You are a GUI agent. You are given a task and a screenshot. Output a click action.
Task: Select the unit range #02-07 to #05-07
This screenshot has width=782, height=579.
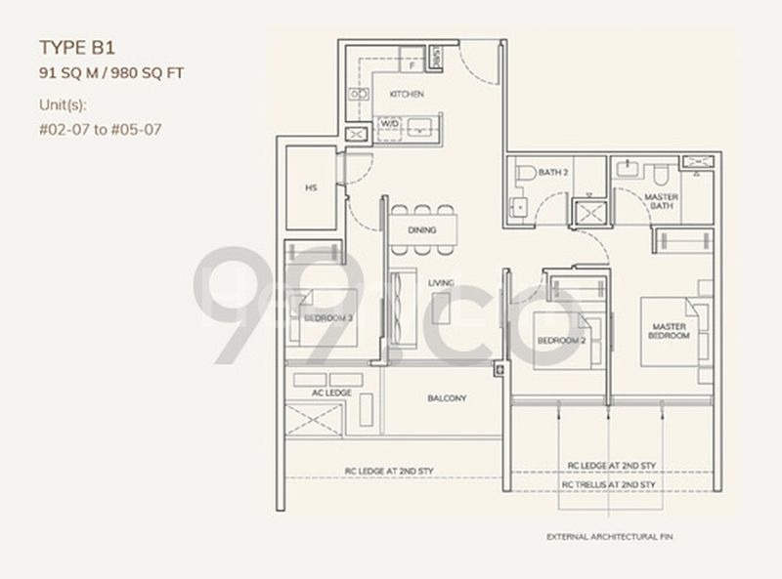point(100,129)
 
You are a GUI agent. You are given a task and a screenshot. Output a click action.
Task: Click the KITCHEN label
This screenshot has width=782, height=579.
point(406,95)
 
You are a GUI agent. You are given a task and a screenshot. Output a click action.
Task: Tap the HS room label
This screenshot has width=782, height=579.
point(311,188)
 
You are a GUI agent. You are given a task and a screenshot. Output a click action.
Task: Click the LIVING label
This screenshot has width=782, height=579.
point(441,283)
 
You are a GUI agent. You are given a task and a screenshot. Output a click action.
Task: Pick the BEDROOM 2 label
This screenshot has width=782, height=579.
point(561,340)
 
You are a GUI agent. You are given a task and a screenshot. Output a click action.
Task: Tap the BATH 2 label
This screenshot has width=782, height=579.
point(552,174)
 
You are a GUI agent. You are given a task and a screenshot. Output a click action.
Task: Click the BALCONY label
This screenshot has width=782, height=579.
point(446,398)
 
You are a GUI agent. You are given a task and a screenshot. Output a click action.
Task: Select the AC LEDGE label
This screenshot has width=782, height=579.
point(331,392)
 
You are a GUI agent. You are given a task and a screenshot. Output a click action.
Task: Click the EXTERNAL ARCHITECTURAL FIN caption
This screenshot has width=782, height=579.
point(610,537)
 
